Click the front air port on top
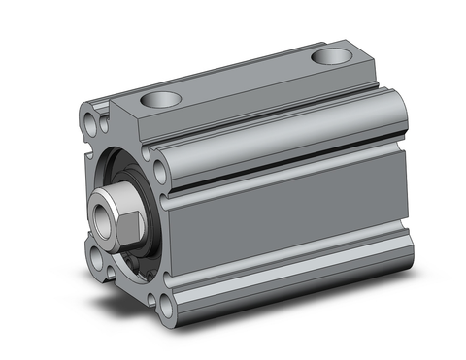pos(160,98)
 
